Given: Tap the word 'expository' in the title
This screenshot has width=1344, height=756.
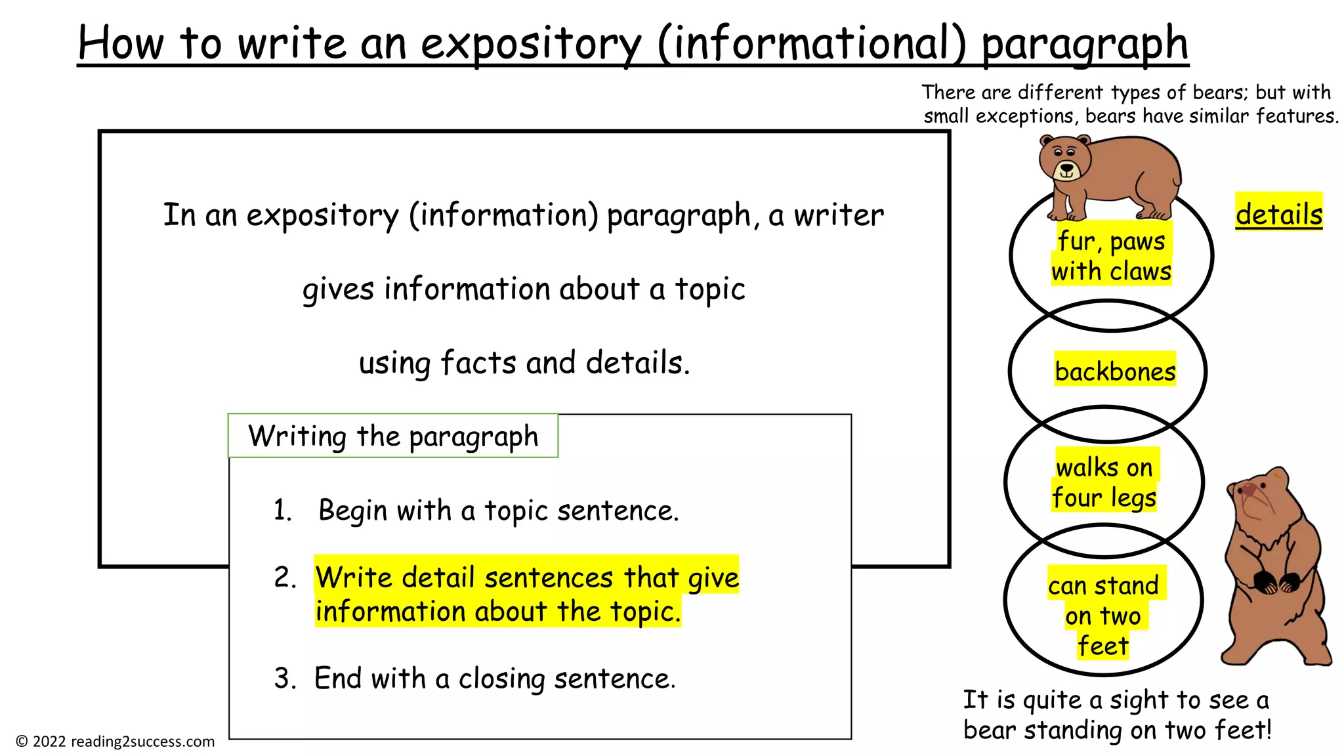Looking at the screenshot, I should point(530,45).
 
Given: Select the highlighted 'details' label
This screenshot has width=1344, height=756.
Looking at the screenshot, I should point(1278,214).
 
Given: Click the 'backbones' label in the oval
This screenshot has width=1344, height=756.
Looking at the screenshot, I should point(1114,371).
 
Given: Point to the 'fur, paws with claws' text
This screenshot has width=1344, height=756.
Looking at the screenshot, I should point(1111,256).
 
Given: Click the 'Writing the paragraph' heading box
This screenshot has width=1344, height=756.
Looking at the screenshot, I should point(392,436).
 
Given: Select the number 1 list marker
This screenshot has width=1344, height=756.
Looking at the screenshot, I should point(282,511).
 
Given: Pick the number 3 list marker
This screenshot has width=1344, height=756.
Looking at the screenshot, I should point(285,679).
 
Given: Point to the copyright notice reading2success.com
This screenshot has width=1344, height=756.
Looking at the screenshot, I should point(115,742).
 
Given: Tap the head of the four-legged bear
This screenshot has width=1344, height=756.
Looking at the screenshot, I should point(1064,159).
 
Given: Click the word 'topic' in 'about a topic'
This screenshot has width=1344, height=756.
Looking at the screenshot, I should point(710,289).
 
